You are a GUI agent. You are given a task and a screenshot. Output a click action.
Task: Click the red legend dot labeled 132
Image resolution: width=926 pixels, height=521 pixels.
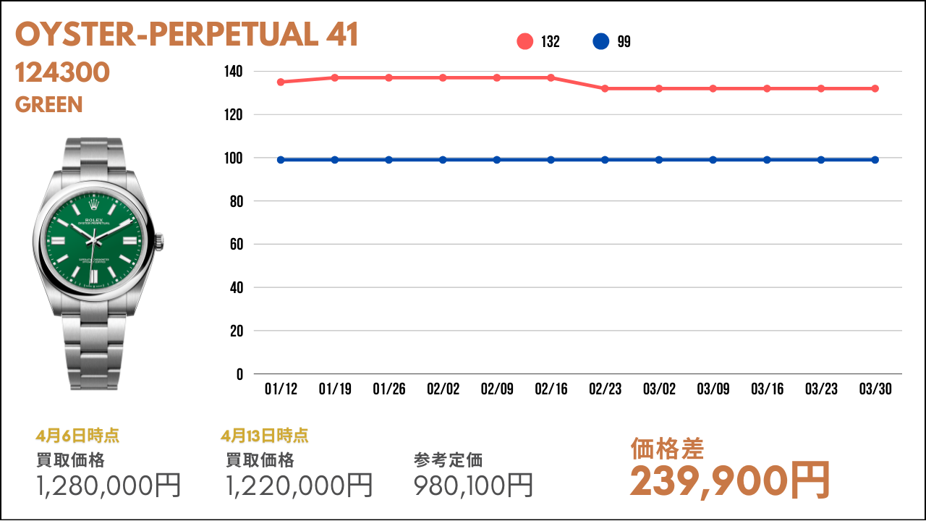tap(525, 42)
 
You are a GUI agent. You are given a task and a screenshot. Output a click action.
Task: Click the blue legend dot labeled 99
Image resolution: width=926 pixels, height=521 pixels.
tap(600, 42)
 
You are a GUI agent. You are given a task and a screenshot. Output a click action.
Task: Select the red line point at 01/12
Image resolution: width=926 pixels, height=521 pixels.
tap(281, 82)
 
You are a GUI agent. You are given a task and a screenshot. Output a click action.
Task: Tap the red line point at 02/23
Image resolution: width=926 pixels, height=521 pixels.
tap(605, 88)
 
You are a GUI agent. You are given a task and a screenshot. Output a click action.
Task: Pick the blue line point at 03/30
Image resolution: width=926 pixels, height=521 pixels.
tap(875, 160)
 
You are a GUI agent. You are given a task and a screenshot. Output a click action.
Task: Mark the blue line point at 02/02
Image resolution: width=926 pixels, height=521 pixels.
tap(443, 160)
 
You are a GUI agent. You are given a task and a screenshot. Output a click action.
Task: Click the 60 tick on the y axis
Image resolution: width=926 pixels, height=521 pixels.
tap(236, 245)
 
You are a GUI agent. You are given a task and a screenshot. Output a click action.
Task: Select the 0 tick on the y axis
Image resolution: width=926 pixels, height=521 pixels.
tap(239, 374)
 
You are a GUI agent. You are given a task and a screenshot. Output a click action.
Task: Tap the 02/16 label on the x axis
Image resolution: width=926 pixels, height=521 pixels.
tap(551, 389)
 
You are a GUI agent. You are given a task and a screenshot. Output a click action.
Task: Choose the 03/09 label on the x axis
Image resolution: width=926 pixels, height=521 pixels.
tap(713, 389)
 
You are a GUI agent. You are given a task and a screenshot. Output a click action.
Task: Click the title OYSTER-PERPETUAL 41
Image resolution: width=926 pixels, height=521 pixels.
tap(187, 35)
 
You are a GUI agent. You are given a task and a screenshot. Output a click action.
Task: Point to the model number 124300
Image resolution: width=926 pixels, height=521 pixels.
tap(62, 72)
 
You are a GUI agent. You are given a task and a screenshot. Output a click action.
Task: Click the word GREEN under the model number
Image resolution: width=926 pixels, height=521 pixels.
tap(49, 105)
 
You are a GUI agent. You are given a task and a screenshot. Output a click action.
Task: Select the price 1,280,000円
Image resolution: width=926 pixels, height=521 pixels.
tap(109, 485)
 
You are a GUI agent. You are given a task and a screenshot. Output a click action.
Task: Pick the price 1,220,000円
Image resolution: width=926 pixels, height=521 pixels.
tap(300, 485)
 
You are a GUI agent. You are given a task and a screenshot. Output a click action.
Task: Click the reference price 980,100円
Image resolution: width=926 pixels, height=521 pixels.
tap(474, 485)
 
